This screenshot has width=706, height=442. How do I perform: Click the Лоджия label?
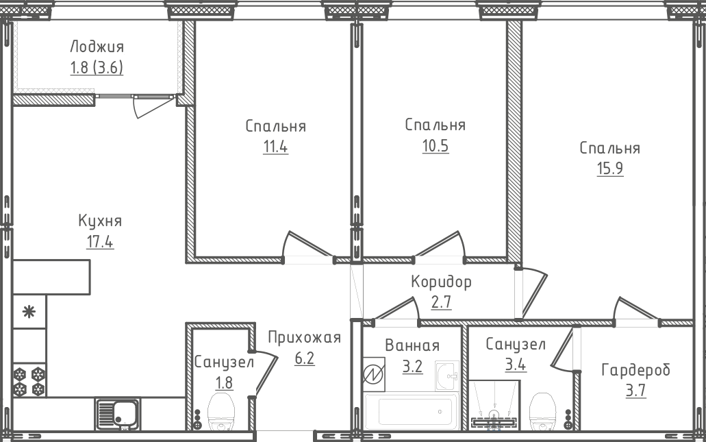[x=97, y=47]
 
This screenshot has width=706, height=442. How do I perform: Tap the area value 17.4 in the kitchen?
[x=100, y=242]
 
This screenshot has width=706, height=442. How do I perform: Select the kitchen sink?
[x=118, y=414]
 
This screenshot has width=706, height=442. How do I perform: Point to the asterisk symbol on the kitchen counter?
[x=29, y=311]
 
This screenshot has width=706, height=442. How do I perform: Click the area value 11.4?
[x=275, y=147]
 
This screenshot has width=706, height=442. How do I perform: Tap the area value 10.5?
[x=436, y=146]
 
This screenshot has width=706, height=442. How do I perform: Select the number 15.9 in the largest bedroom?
[x=610, y=169]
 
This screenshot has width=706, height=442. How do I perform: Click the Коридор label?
[x=441, y=282]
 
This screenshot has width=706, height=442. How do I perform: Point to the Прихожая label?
[x=304, y=337]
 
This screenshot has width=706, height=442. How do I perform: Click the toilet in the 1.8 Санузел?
[x=221, y=411]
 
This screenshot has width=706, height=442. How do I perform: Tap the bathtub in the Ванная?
[x=410, y=410]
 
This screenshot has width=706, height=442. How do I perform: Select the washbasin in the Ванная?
[x=446, y=376]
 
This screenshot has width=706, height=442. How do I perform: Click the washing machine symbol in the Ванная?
[x=374, y=374]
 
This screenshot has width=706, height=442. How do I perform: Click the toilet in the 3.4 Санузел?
[x=542, y=411]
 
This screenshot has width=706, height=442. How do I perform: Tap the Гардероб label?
[x=635, y=370]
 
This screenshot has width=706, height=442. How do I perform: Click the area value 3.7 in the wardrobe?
[x=635, y=390]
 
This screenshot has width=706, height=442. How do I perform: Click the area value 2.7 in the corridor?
[x=441, y=302]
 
